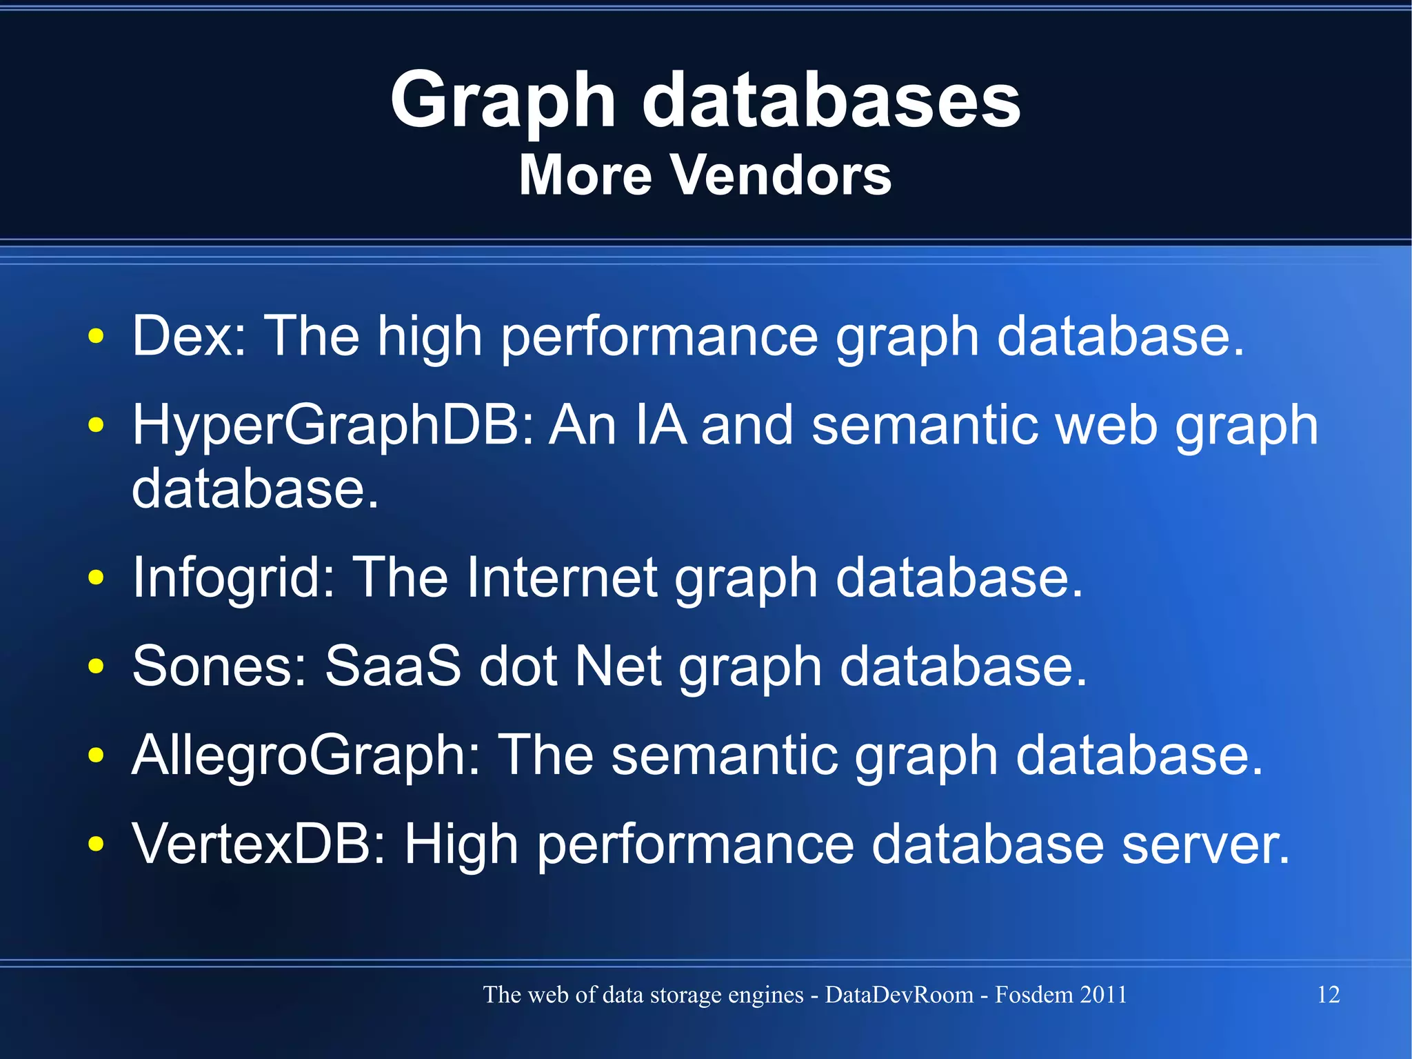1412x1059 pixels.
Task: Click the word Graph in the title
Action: [503, 102]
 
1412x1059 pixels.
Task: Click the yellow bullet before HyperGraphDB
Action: [96, 425]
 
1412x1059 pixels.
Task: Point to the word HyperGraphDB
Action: [333, 426]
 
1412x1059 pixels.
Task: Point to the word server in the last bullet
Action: [1204, 844]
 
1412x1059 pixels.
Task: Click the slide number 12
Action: [1328, 994]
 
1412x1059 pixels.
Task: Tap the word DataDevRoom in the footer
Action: [898, 994]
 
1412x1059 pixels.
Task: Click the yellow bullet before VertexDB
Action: [96, 844]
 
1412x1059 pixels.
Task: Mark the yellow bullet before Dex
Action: [96, 337]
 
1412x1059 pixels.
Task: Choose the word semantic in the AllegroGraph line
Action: [724, 755]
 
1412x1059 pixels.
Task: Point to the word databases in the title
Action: [831, 102]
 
